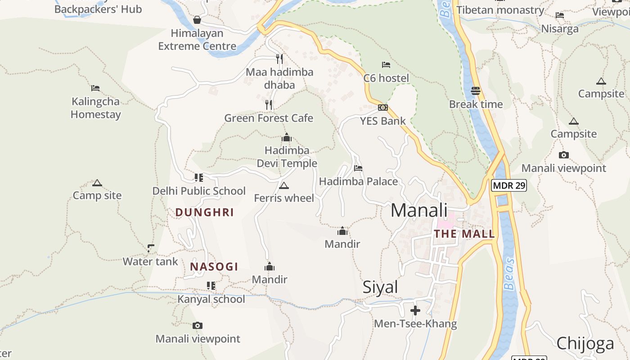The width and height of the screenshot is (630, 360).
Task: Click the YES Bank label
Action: pos(382,121)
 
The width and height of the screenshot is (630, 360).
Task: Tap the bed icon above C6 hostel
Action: pos(386,65)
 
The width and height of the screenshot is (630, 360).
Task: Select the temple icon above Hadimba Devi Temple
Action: pos(287,138)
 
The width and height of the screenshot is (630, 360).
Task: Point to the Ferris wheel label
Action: pos(284,198)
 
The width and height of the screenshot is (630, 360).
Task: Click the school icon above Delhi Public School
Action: pos(199,177)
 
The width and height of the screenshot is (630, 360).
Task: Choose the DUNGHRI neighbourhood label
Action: pos(205,212)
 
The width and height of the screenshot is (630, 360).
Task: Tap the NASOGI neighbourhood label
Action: pos(214,267)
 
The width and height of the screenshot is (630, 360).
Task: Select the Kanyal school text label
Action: pos(211,299)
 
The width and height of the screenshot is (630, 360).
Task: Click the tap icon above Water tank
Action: pos(151,248)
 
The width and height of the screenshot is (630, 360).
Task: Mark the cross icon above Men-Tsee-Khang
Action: pos(415,310)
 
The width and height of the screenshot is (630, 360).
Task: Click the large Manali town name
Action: pos(419,211)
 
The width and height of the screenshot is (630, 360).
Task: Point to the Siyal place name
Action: pos(380,287)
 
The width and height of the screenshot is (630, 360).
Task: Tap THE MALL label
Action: pos(464,234)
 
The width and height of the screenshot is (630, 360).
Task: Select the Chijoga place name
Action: pos(585,343)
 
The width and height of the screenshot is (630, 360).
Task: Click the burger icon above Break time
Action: pos(476,91)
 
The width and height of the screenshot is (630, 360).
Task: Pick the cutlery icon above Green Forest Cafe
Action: pos(269,105)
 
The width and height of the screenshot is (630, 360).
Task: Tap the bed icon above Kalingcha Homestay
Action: pos(95,88)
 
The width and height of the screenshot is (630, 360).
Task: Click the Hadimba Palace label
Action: pos(358,182)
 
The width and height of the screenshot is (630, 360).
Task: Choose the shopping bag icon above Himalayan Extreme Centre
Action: pos(197,20)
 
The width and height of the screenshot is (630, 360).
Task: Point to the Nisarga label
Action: pos(560,29)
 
